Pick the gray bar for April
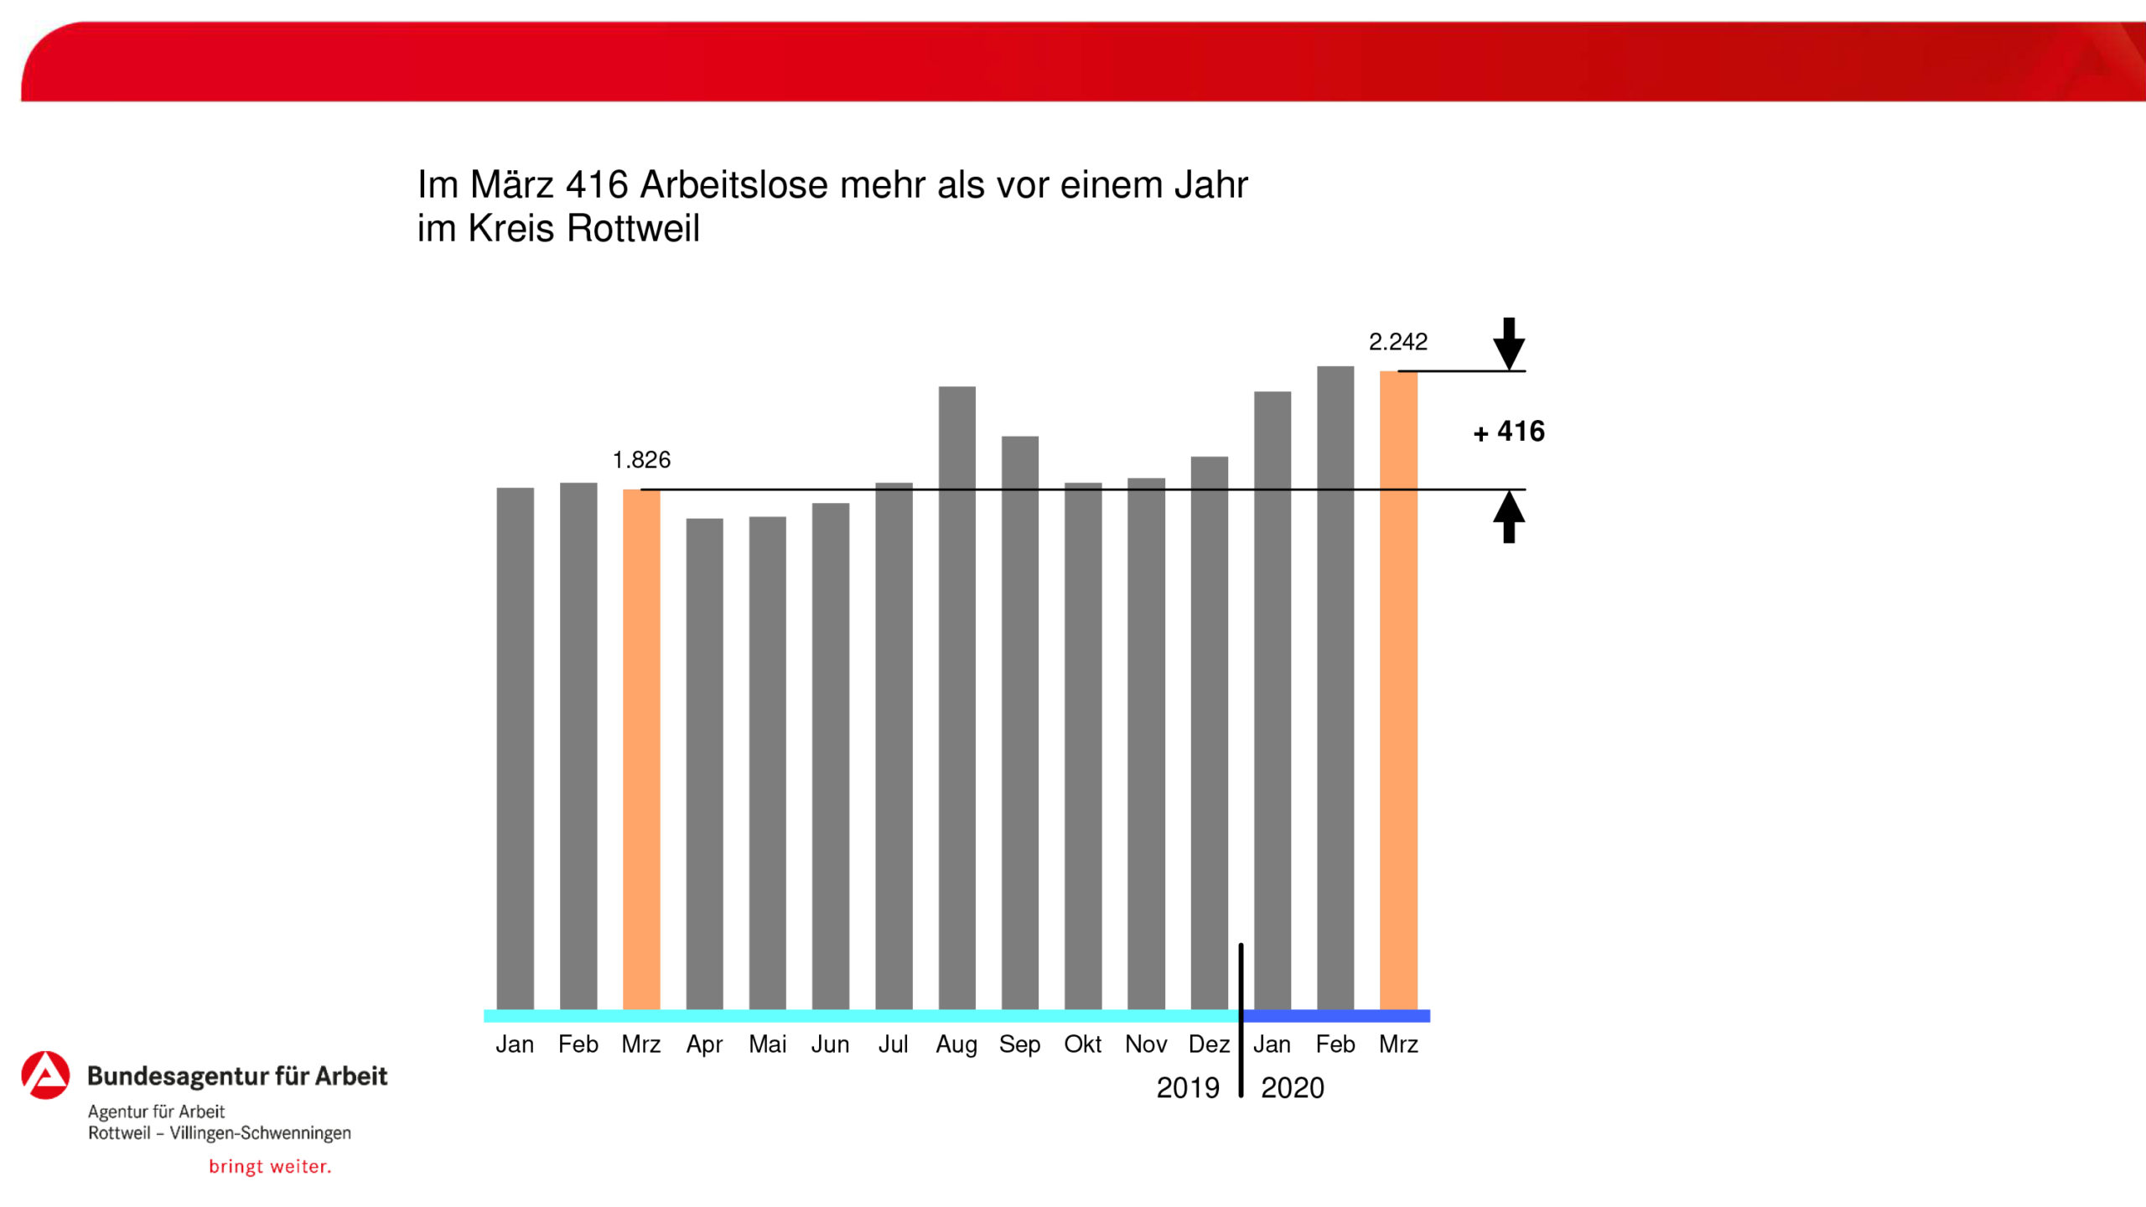click(x=704, y=764)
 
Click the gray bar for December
click(x=1209, y=733)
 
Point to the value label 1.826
click(x=641, y=460)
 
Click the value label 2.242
click(x=1397, y=342)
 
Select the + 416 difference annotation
click(x=1509, y=432)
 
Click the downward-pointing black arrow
click(x=1509, y=343)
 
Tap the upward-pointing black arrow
click(x=1509, y=516)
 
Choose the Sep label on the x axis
click(x=1019, y=1044)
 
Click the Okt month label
click(x=1082, y=1044)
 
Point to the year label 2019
click(x=1187, y=1088)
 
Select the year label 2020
click(x=1292, y=1088)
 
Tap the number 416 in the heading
click(x=597, y=185)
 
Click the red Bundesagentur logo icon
click(x=45, y=1075)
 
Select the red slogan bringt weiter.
click(x=270, y=1167)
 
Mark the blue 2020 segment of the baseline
click(x=1336, y=1016)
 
